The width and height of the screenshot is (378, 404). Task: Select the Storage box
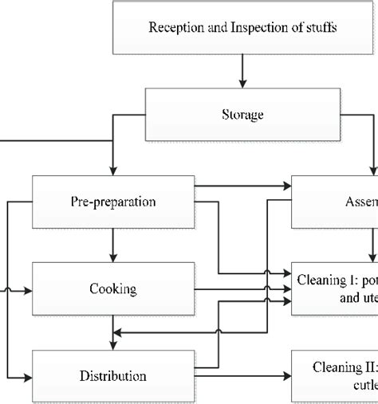click(242, 113)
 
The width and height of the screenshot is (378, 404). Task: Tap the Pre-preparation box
click(113, 201)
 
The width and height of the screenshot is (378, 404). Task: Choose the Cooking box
click(113, 288)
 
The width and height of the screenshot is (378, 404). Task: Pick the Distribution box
click(113, 375)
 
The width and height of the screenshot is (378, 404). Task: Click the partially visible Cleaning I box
click(335, 288)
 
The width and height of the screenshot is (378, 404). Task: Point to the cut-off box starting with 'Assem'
click(335, 201)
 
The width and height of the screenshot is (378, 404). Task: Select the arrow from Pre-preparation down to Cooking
click(114, 244)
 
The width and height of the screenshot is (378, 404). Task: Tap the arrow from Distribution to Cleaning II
click(243, 375)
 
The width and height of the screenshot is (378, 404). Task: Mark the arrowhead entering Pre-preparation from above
click(114, 170)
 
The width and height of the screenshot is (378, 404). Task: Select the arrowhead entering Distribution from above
click(114, 343)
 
